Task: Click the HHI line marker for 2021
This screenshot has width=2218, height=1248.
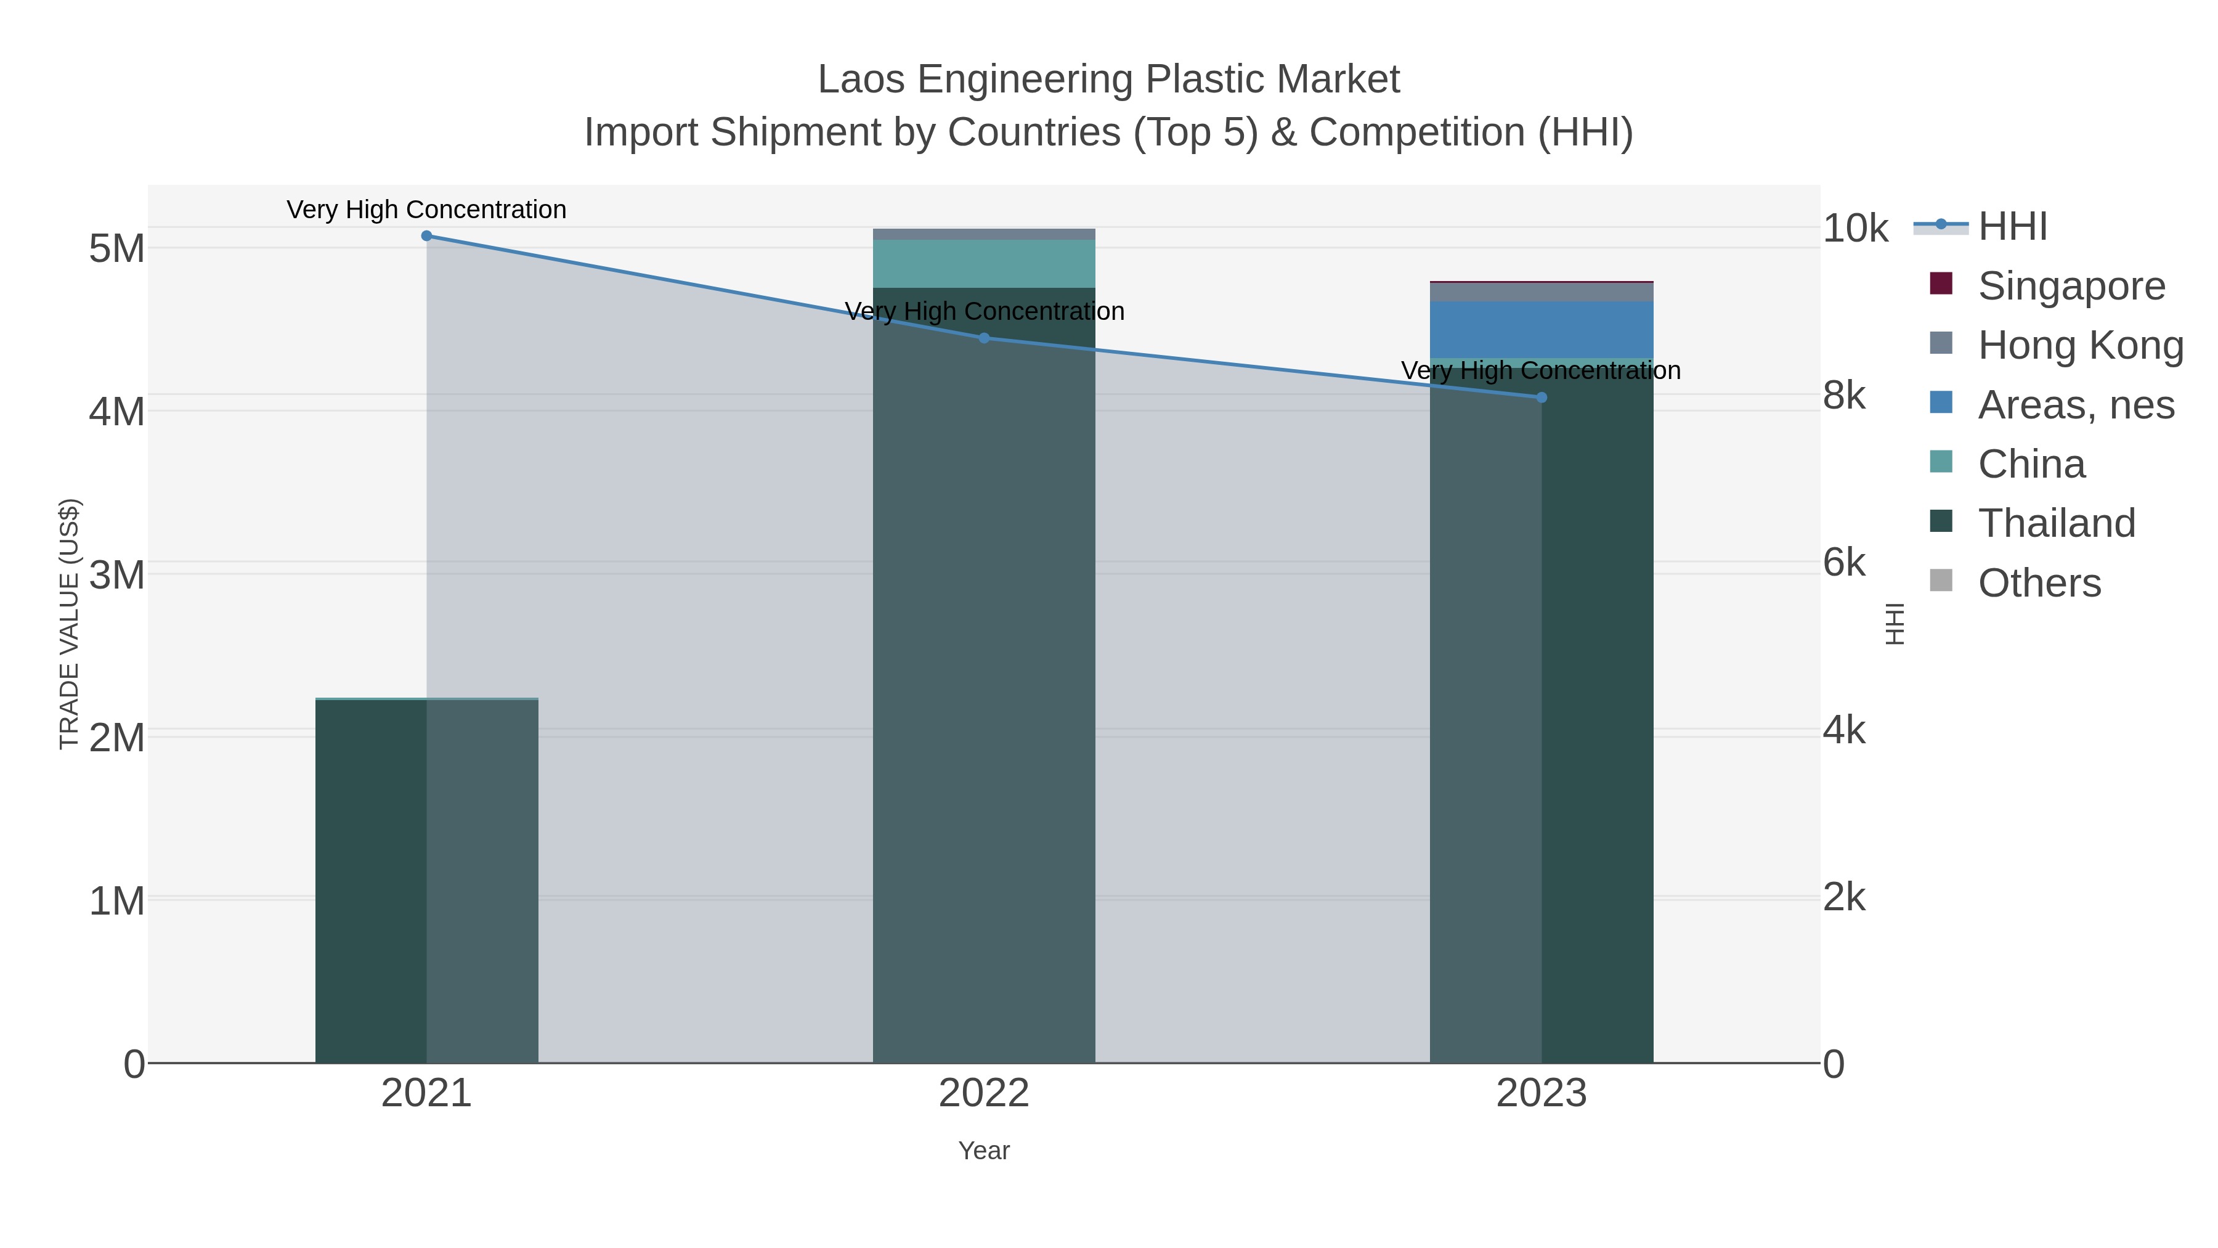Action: [426, 235]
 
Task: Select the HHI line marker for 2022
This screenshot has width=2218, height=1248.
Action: [984, 338]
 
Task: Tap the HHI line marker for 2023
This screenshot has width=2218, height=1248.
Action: [1542, 397]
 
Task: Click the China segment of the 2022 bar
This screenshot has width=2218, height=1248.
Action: [984, 264]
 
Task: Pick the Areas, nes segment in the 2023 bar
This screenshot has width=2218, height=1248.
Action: [1542, 329]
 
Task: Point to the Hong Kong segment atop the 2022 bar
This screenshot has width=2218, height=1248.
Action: [984, 234]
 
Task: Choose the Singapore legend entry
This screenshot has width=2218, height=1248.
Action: [2070, 285]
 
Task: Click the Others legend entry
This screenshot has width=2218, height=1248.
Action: [2038, 583]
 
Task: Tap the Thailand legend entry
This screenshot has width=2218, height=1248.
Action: [2055, 523]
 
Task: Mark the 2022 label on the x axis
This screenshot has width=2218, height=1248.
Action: [984, 1093]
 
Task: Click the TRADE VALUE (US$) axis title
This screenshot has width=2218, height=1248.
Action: [69, 624]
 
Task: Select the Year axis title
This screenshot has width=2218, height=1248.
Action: [984, 1150]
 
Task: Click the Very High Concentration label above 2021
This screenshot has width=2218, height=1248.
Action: [426, 210]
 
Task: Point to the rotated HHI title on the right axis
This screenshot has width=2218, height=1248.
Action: [1895, 624]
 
